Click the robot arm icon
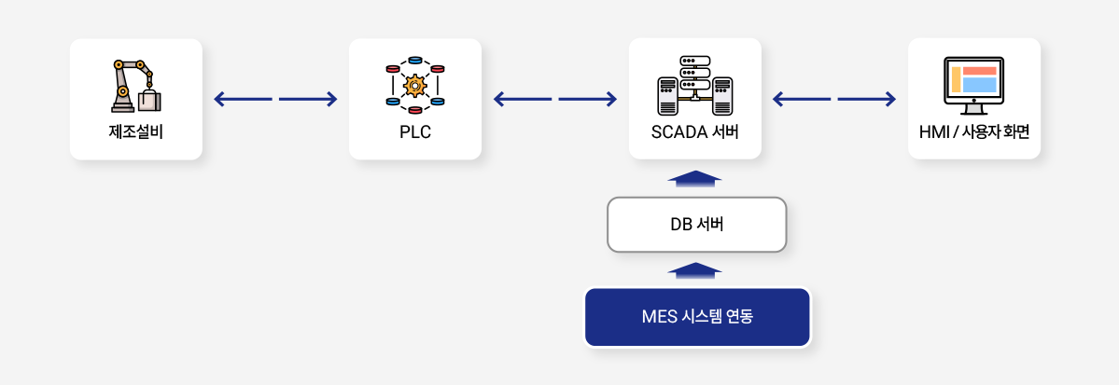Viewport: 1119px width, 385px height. (135, 87)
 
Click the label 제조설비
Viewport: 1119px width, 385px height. (135, 131)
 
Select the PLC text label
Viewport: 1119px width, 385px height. (414, 131)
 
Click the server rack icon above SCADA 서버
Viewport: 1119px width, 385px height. (695, 85)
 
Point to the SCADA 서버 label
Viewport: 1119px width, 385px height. (695, 131)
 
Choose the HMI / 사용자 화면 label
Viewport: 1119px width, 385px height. (973, 131)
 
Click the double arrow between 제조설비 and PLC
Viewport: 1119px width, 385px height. (275, 99)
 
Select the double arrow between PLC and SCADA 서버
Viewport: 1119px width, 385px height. (554, 99)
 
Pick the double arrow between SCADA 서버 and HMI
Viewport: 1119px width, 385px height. (834, 99)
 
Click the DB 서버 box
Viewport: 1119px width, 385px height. (696, 224)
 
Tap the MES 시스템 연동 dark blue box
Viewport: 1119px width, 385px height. (696, 317)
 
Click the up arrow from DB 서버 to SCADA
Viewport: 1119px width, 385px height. (695, 178)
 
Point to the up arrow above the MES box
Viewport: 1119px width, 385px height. (695, 270)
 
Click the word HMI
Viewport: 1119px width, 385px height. (934, 131)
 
